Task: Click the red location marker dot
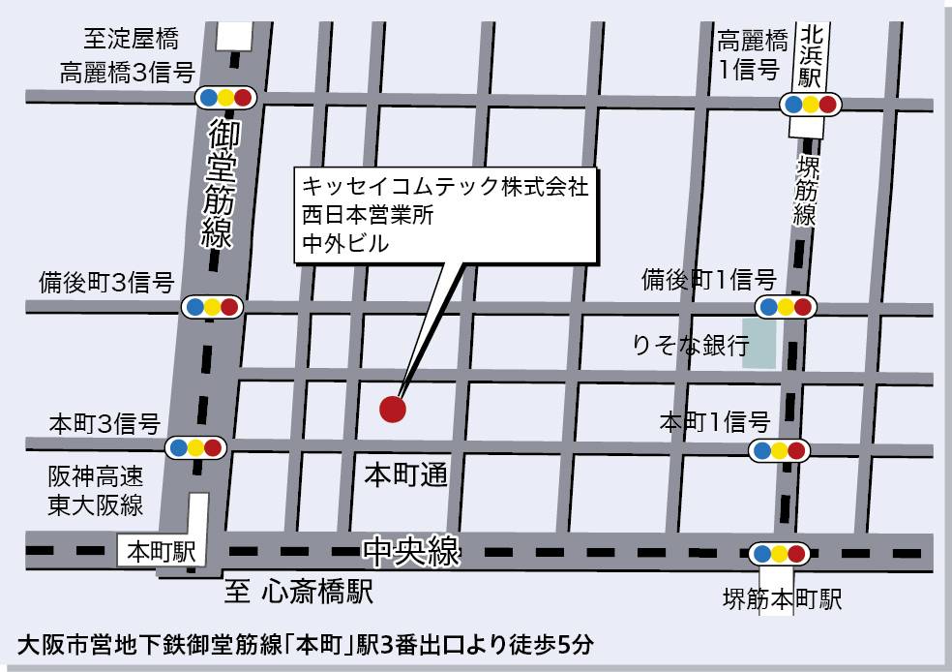coord(392,409)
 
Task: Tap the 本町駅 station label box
coord(162,552)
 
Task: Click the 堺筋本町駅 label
coord(783,599)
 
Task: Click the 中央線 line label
coord(411,552)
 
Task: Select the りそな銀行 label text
coord(691,346)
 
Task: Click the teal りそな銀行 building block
coord(759,344)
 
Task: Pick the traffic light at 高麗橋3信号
coord(224,97)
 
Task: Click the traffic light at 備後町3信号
coord(211,307)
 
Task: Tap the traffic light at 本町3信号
coord(196,448)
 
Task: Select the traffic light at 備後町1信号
coord(786,308)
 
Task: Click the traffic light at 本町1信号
coord(779,450)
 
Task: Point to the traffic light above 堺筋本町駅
coord(779,554)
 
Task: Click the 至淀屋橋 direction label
coord(132,40)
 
